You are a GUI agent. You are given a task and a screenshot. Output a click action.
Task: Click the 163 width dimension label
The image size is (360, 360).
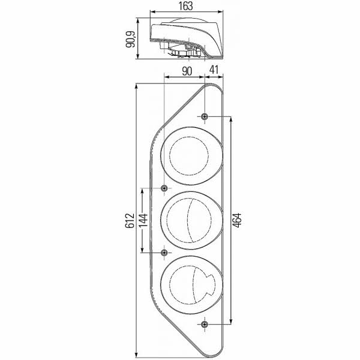tap(186, 6)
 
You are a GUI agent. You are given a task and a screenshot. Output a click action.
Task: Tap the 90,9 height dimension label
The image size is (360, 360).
tap(131, 40)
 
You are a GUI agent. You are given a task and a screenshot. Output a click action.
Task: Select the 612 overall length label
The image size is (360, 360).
tap(130, 220)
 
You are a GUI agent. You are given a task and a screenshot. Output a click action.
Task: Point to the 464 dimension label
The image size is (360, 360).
tap(237, 220)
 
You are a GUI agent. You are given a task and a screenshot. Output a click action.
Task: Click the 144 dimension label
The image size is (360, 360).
tap(143, 220)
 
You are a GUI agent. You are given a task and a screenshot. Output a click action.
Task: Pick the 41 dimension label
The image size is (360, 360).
tap(214, 70)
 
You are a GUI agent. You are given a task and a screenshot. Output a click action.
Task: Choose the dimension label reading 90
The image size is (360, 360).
tap(187, 71)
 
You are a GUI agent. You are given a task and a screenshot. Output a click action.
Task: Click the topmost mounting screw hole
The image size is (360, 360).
tap(205, 116)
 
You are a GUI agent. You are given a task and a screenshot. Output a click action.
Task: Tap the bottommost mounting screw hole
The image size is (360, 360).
tap(205, 324)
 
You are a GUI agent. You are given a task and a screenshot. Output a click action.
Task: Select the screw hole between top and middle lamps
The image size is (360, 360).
tap(164, 188)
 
